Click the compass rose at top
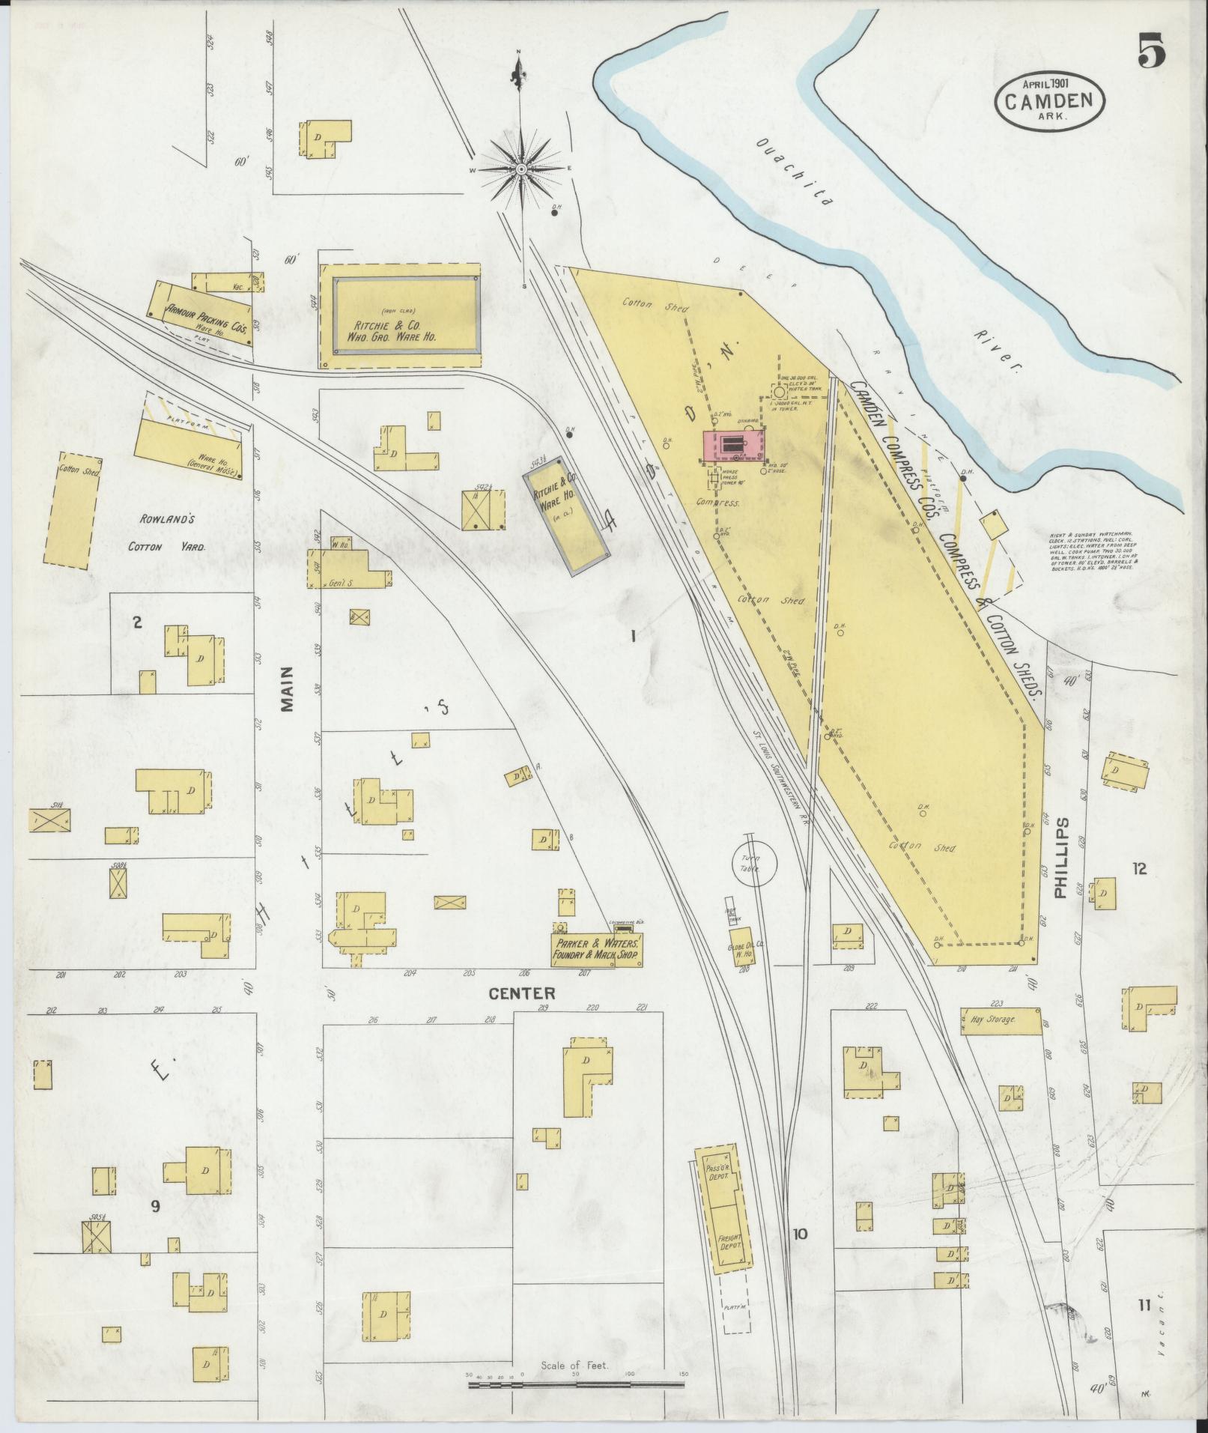click(519, 170)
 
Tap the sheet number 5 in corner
click(1152, 53)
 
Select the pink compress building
click(733, 446)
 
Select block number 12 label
click(1140, 869)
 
